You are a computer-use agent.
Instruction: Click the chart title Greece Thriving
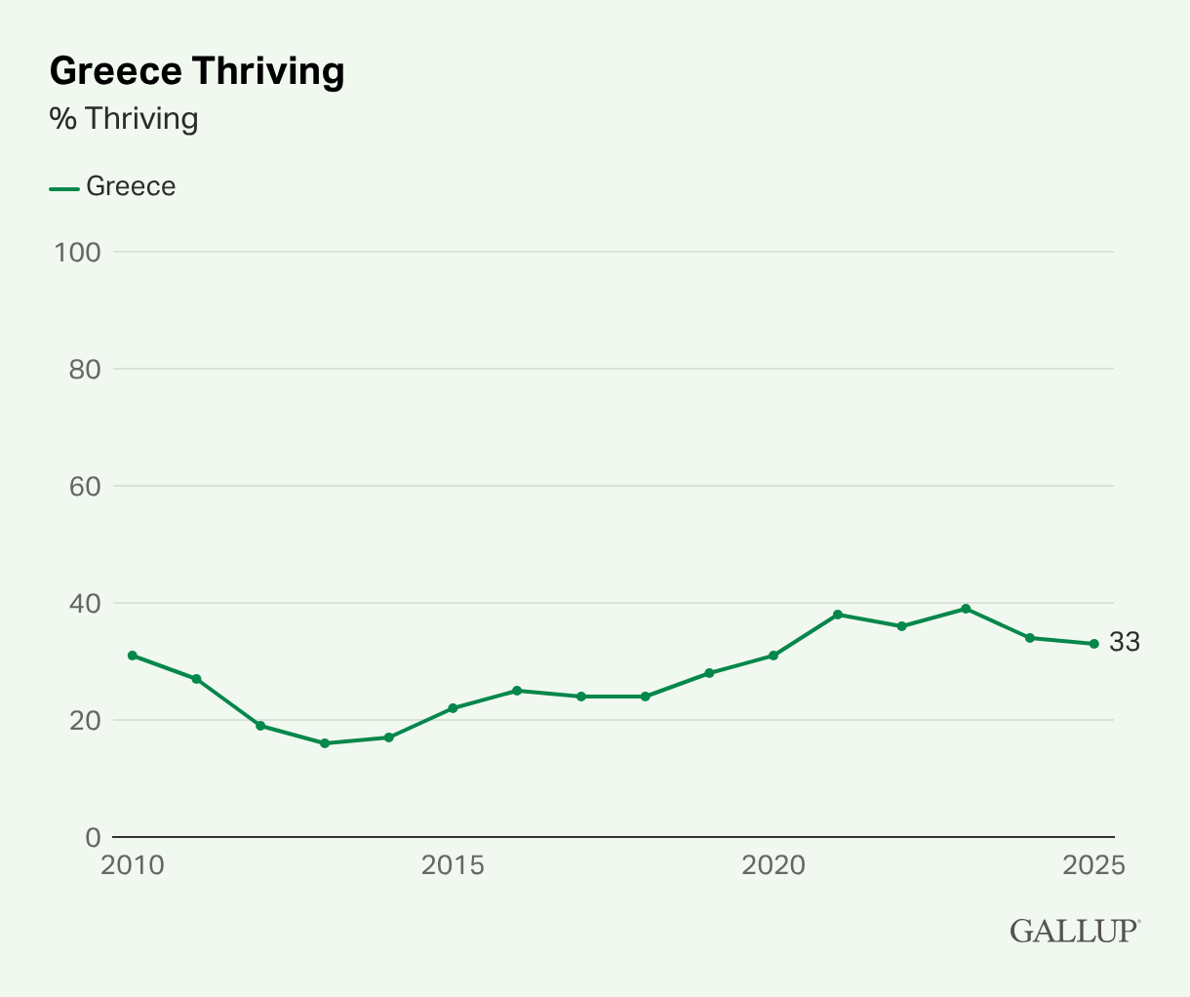[196, 71]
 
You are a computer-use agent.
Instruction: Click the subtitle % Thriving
[124, 119]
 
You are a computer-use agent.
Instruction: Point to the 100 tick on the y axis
[78, 252]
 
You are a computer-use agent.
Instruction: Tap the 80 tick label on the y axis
[84, 369]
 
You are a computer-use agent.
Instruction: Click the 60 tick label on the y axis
[84, 486]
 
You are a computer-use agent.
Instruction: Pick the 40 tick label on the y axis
[84, 603]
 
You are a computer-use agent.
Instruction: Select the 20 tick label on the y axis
[84, 720]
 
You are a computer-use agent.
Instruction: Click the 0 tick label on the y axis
[93, 837]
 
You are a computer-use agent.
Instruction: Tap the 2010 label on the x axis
[133, 865]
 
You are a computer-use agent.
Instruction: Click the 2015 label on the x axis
[453, 865]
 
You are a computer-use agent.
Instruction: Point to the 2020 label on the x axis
[773, 865]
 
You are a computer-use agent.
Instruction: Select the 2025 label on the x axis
[1093, 865]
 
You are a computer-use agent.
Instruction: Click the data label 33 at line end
[1124, 643]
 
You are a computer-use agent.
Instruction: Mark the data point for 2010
[133, 656]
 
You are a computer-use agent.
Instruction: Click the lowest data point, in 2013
[325, 743]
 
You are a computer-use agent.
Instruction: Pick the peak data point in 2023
[966, 609]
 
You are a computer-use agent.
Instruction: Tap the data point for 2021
[838, 615]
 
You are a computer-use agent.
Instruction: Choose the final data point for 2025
[1093, 644]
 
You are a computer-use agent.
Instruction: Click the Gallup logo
[1074, 931]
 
